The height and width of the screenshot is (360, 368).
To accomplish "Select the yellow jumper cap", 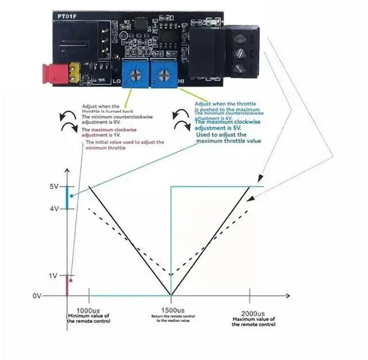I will click(x=74, y=71).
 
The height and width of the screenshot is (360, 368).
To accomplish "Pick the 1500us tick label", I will click(x=171, y=309).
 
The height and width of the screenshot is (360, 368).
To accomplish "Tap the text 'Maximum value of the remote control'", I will click(x=254, y=321).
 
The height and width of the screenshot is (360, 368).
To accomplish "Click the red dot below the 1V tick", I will click(x=71, y=281).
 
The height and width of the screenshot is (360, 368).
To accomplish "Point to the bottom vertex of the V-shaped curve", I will click(x=171, y=293).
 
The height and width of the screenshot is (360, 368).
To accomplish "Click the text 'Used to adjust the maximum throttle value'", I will click(x=229, y=138).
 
